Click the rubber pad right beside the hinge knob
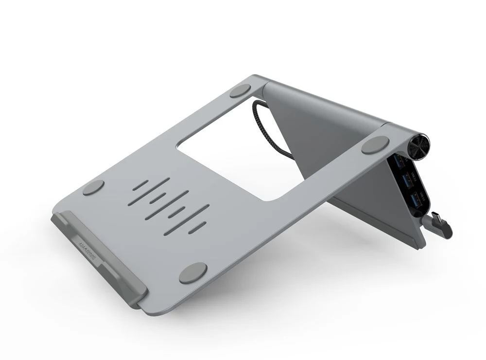(375, 145)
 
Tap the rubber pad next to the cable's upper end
(240, 90)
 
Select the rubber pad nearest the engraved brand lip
(93, 187)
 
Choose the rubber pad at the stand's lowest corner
(193, 272)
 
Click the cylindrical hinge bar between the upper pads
(321, 105)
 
